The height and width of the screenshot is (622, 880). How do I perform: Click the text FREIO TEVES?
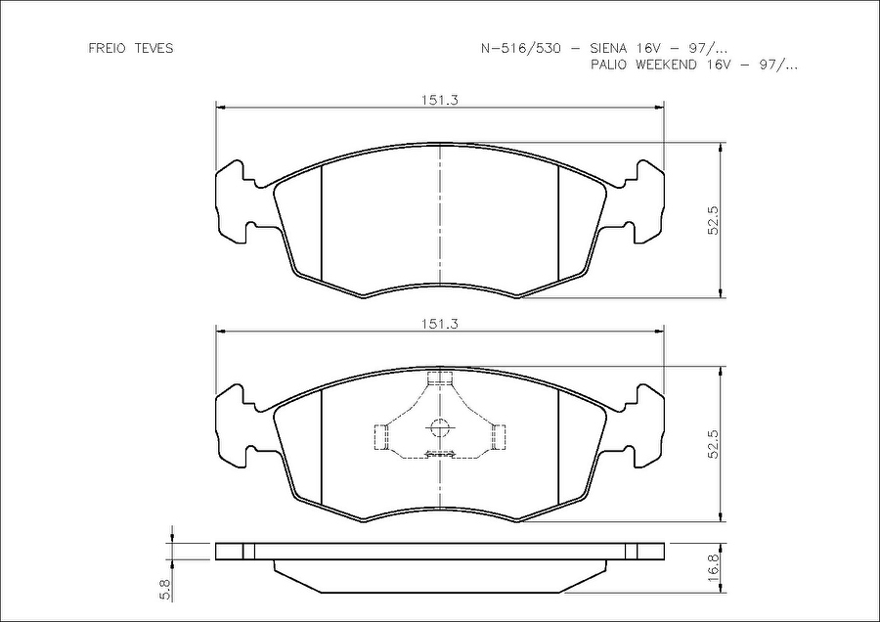click(x=131, y=48)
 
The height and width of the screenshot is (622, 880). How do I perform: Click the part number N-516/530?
click(x=521, y=48)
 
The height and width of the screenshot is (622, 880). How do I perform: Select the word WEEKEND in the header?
click(x=666, y=65)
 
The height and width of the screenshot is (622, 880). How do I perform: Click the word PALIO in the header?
click(x=610, y=65)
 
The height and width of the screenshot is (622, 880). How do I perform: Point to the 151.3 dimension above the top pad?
click(x=440, y=100)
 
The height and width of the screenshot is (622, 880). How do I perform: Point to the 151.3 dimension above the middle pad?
click(x=440, y=324)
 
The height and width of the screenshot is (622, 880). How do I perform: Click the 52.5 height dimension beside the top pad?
click(x=713, y=220)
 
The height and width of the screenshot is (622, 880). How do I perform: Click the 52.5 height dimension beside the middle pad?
click(x=713, y=444)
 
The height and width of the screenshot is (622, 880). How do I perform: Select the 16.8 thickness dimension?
click(x=713, y=567)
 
